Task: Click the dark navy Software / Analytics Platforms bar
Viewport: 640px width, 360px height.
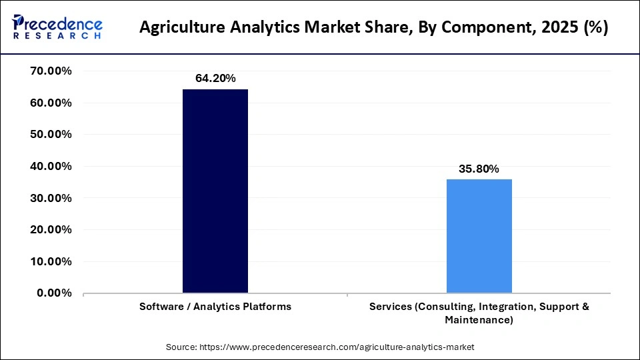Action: tap(215, 191)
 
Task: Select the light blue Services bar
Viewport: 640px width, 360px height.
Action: tap(479, 236)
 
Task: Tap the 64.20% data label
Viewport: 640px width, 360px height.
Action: tap(215, 78)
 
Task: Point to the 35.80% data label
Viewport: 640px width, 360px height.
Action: tap(479, 169)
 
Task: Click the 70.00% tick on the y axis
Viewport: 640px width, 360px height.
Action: tap(51, 71)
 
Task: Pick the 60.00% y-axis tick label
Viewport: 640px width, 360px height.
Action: tap(51, 103)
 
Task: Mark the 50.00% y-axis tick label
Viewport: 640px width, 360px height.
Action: tap(51, 134)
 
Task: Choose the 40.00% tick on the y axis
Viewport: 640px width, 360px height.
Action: tap(51, 166)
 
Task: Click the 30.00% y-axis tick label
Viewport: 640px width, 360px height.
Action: tap(51, 198)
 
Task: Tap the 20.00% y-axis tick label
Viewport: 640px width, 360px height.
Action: tap(51, 229)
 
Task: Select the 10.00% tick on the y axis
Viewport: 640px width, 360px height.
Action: tap(51, 261)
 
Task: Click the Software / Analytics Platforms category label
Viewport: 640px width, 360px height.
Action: tap(215, 307)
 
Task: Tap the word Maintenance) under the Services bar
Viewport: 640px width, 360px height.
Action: tap(479, 320)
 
